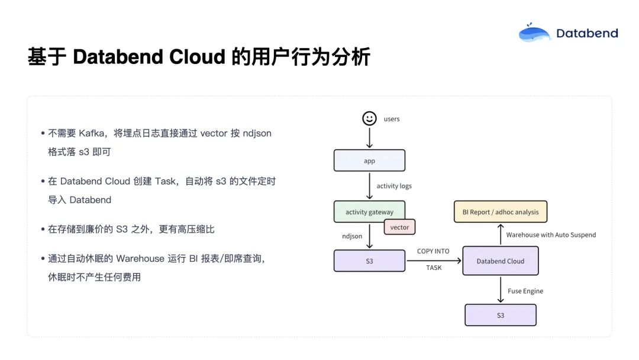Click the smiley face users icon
369,118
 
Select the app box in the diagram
369,160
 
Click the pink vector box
399,227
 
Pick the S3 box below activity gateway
369,261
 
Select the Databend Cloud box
501,261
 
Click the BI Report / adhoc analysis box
501,211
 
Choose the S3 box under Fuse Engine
501,315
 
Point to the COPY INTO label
433,251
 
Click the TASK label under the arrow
434,268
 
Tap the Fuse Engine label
525,291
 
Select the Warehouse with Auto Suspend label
551,235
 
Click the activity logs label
394,186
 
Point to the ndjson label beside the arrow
352,236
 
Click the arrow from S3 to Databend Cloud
434,261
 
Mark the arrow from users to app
369,138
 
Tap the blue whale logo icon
534,33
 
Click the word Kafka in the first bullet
91,133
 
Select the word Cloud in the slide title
197,57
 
